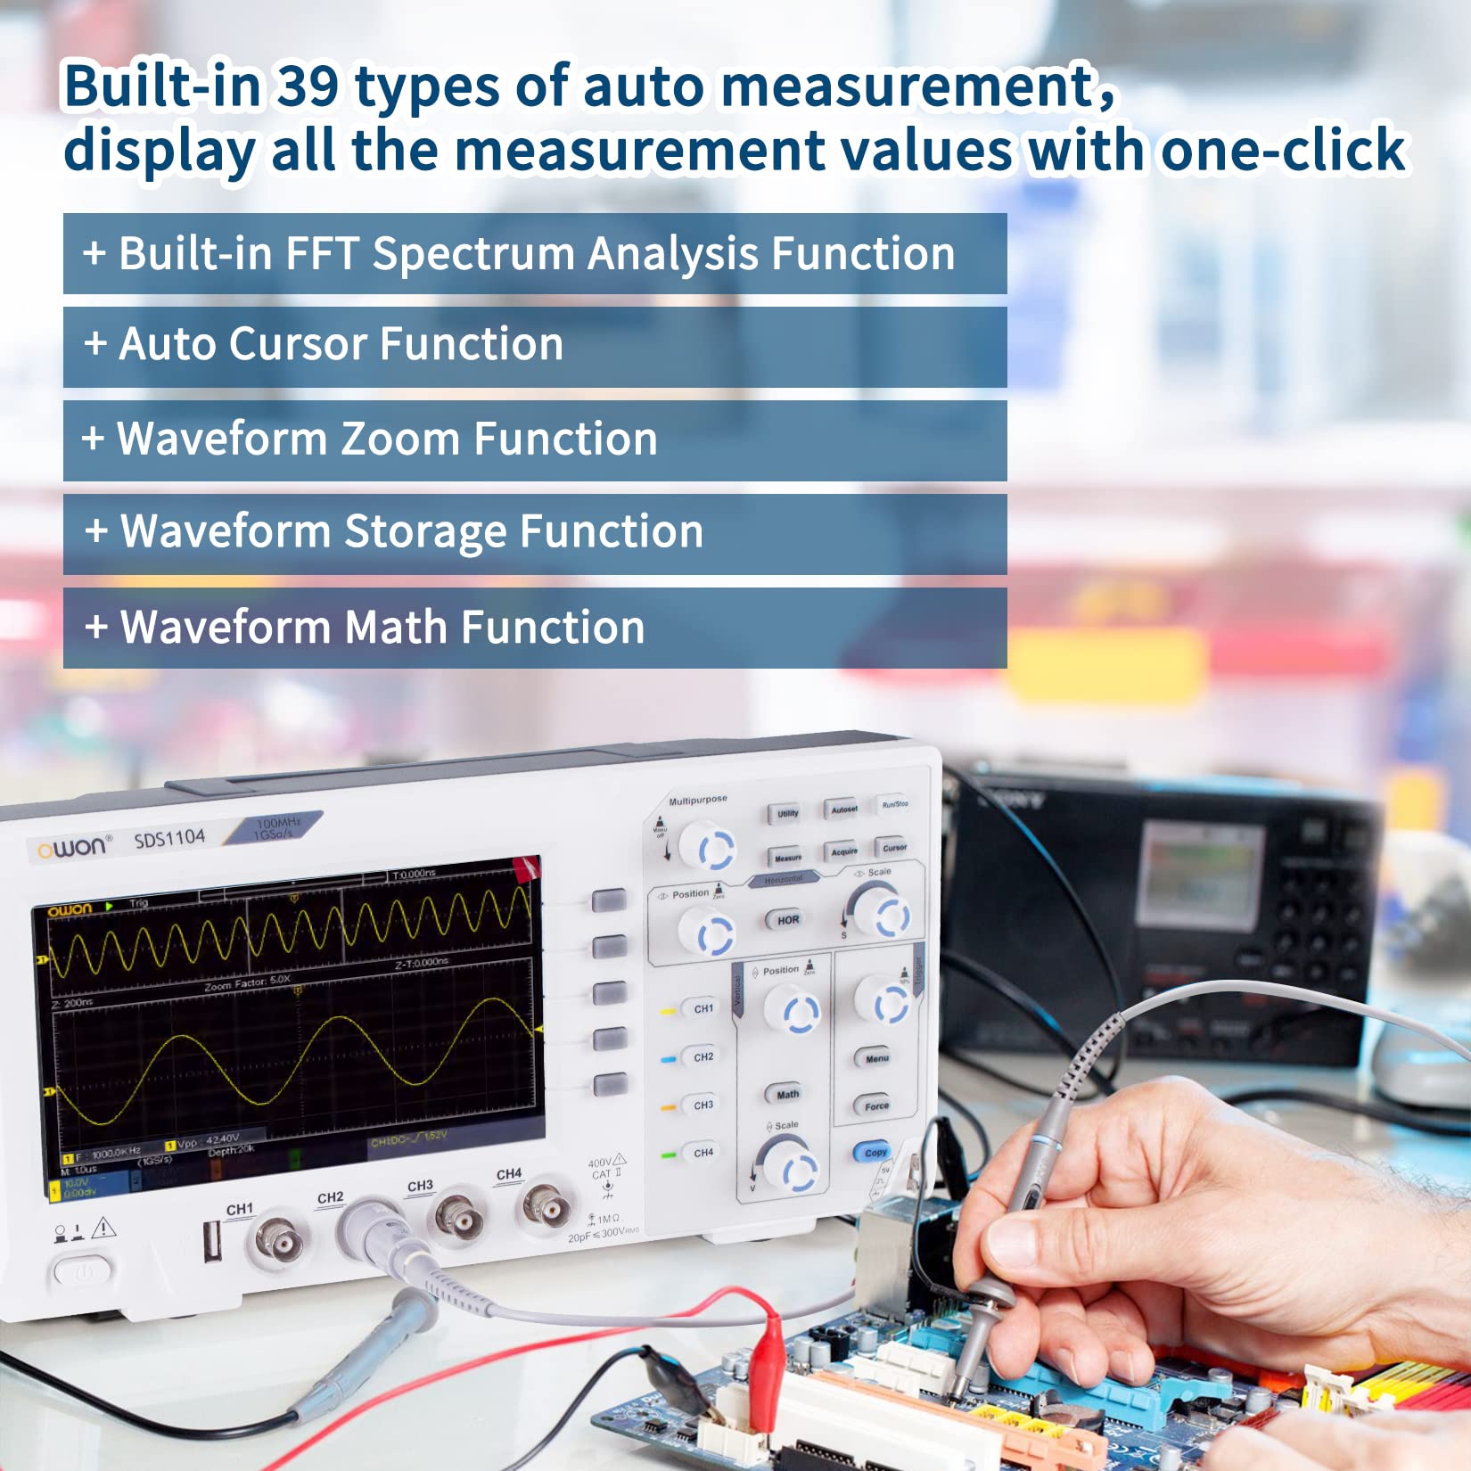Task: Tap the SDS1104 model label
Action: click(x=169, y=839)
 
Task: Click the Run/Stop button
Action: click(x=894, y=804)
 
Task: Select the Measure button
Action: click(x=787, y=858)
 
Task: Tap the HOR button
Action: click(x=788, y=920)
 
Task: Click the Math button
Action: click(x=787, y=1094)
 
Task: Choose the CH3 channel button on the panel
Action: click(x=703, y=1105)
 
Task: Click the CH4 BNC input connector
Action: click(x=546, y=1206)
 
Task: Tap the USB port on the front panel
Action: click(x=212, y=1242)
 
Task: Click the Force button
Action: click(x=876, y=1105)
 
